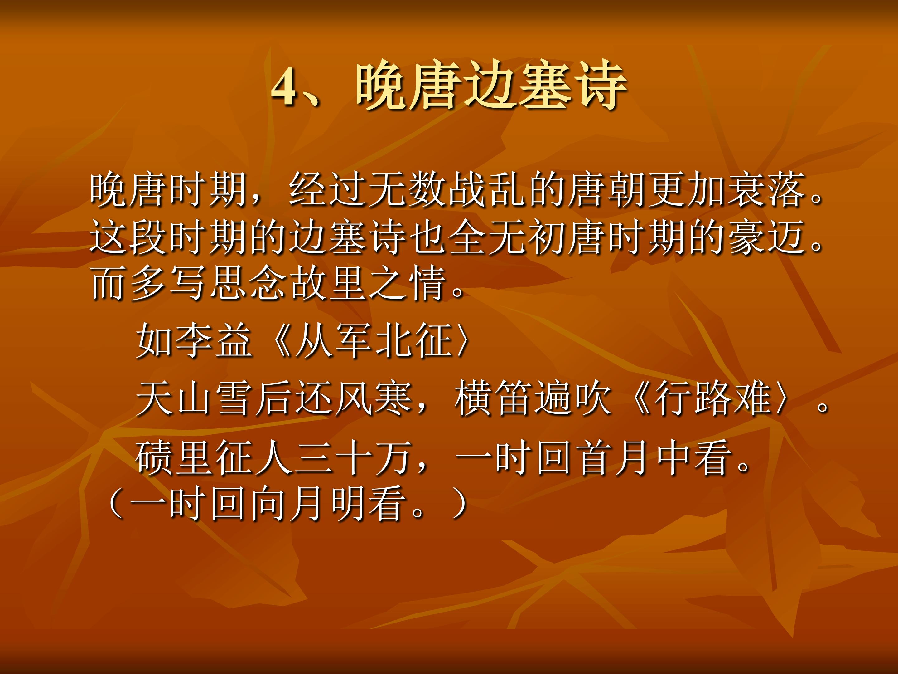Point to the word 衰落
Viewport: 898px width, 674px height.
point(767,190)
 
